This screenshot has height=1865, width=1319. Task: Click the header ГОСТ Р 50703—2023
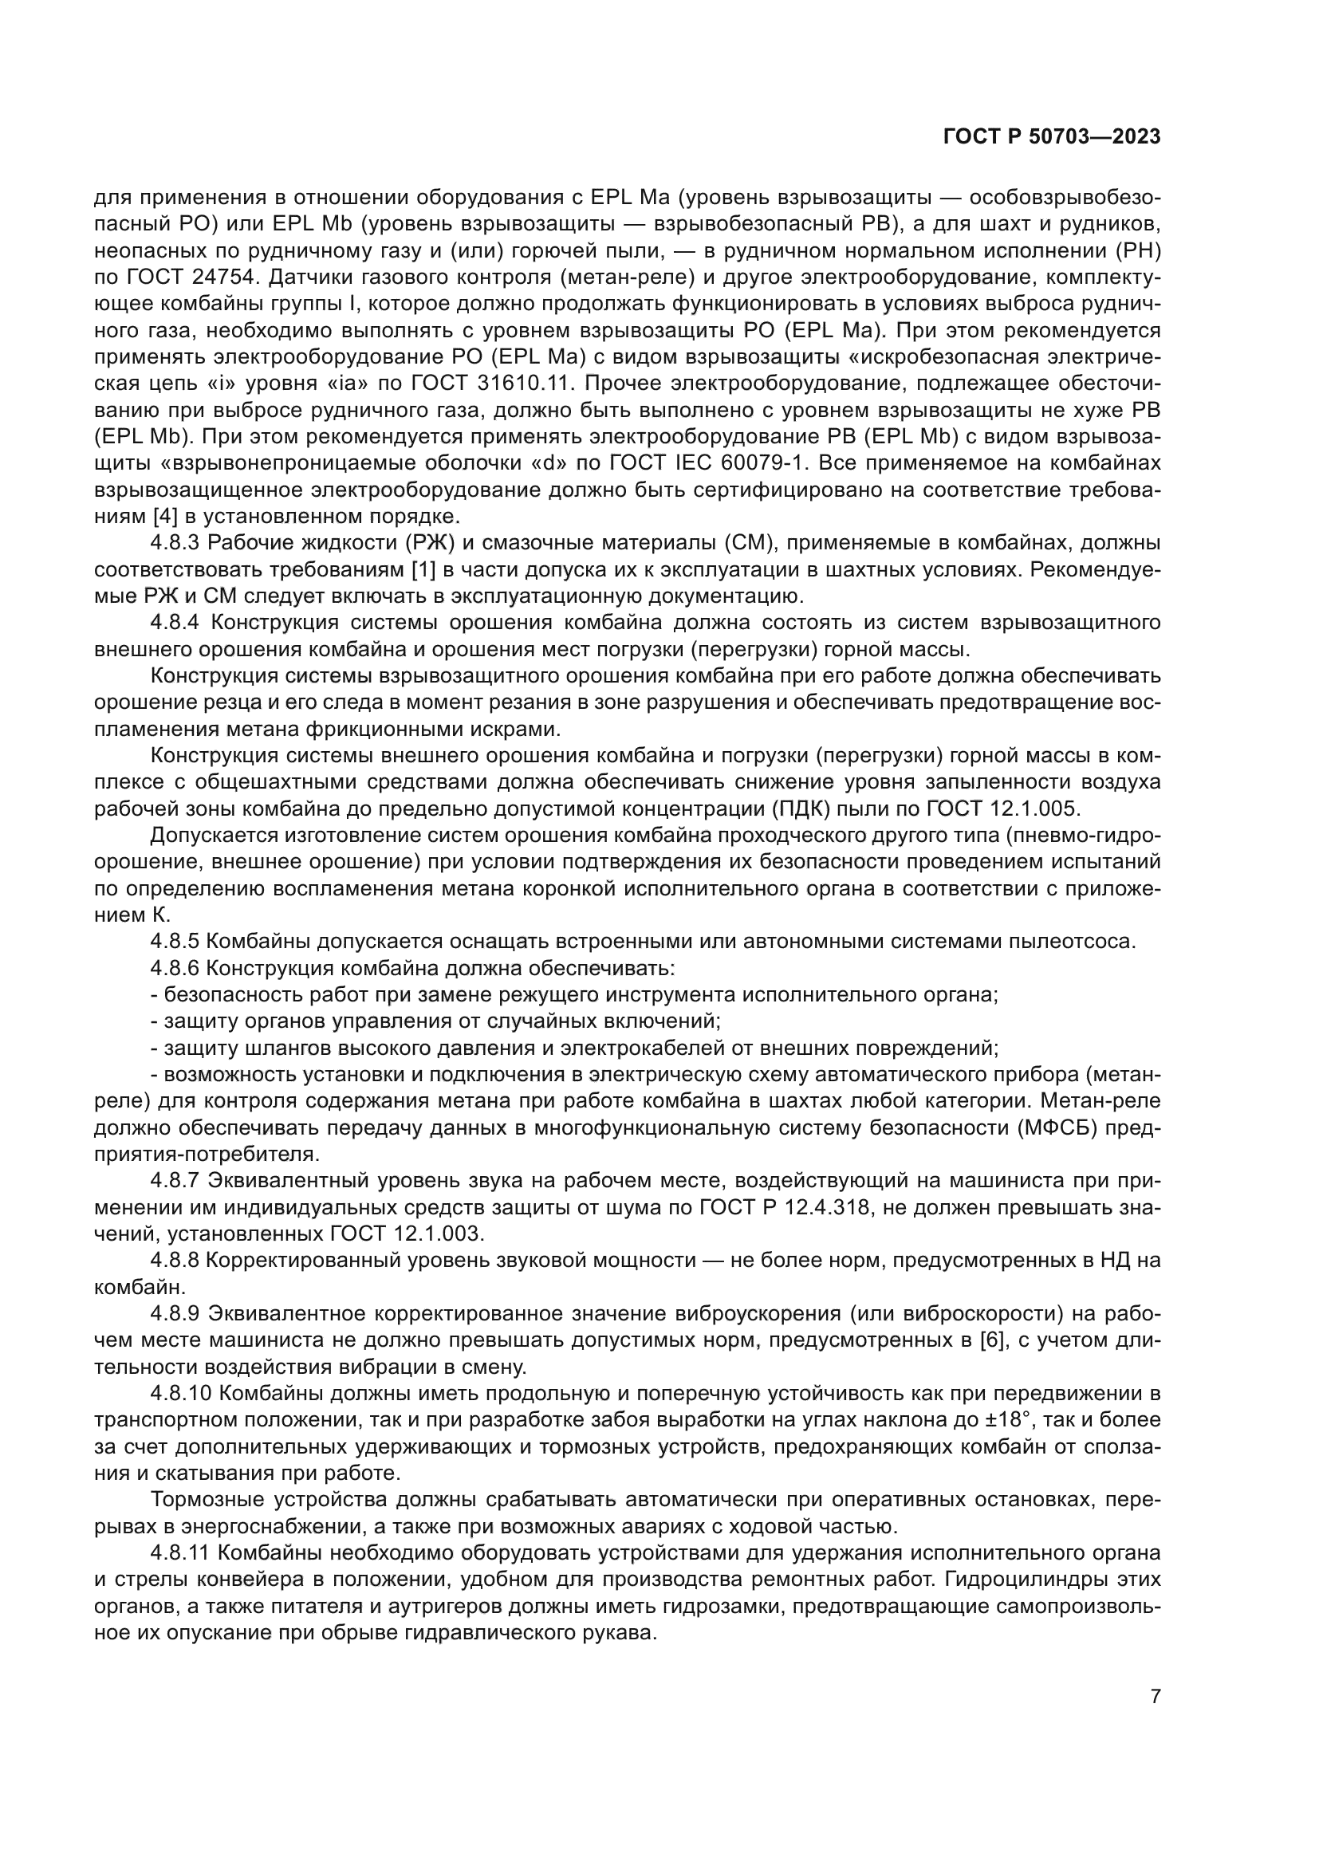pyautogui.click(x=1052, y=137)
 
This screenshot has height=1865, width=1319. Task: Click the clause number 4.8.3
pyautogui.click(x=176, y=543)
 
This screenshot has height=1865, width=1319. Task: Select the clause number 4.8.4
pyautogui.click(x=176, y=623)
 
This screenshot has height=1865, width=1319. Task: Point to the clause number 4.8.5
pyautogui.click(x=176, y=942)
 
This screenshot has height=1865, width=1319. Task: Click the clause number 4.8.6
pyautogui.click(x=176, y=968)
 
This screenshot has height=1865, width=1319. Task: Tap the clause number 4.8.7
pyautogui.click(x=176, y=1180)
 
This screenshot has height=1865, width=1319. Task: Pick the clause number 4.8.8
pyautogui.click(x=176, y=1260)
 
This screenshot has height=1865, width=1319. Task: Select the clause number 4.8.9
pyautogui.click(x=176, y=1313)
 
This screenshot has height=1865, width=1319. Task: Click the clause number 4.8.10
pyautogui.click(x=182, y=1393)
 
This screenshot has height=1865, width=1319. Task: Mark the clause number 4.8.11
pyautogui.click(x=182, y=1552)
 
